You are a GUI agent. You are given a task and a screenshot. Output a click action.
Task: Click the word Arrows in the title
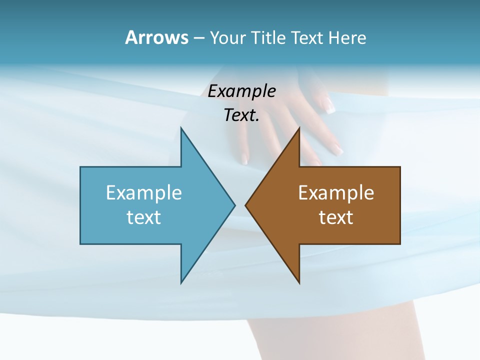click(156, 37)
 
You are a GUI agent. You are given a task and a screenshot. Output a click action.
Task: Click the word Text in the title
click(307, 37)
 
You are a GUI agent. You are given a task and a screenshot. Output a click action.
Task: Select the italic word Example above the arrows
click(241, 91)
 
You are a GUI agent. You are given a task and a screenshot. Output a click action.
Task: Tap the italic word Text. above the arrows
click(241, 115)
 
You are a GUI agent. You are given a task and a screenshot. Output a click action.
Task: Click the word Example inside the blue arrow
click(144, 192)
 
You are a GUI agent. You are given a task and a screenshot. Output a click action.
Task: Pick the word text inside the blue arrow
click(144, 217)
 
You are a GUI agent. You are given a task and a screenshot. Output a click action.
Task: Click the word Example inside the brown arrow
click(336, 192)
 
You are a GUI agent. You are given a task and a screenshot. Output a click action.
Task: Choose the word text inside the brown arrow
click(336, 217)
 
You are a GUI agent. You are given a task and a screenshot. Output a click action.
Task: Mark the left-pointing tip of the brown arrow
click(246, 205)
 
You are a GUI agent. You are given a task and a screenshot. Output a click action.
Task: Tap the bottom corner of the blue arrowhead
click(181, 282)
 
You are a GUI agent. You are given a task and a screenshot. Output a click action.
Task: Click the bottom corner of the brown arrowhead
click(299, 282)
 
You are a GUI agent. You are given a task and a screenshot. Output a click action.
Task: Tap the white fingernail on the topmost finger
click(329, 106)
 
